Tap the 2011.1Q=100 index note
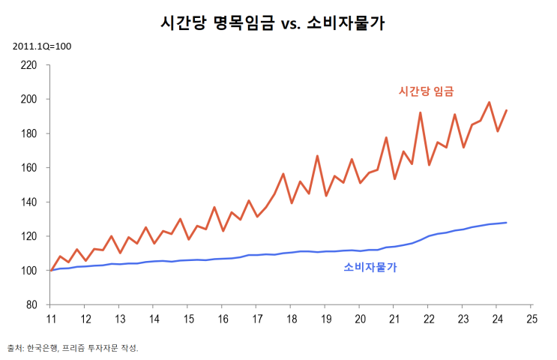tap(42, 46)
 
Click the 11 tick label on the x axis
tap(50, 318)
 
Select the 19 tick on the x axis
tap(325, 318)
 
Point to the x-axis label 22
tap(428, 318)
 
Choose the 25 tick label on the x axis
tap(532, 318)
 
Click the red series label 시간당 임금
tap(427, 91)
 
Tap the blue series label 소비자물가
tap(370, 266)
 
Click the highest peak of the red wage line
tap(490, 103)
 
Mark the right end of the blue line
tap(507, 223)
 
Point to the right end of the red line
tap(507, 110)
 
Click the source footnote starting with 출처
tap(73, 348)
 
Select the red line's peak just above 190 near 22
tap(421, 113)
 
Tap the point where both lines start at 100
tap(50, 270)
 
